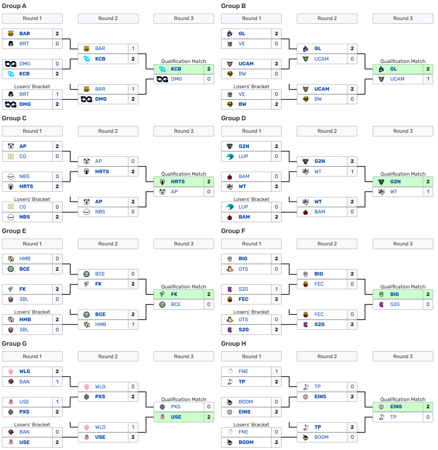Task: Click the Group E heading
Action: pyautogui.click(x=14, y=231)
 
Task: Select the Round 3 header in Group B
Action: pyautogui.click(x=403, y=18)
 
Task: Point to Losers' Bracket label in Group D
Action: pyautogui.click(x=251, y=199)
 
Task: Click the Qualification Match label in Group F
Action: pyautogui.click(x=403, y=287)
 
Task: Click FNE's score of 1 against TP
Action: pyautogui.click(x=276, y=371)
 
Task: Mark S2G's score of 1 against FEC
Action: pyautogui.click(x=276, y=289)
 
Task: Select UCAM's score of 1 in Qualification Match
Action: pyautogui.click(x=428, y=79)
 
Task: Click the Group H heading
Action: pyautogui.click(x=233, y=344)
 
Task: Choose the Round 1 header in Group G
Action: pyautogui.click(x=32, y=357)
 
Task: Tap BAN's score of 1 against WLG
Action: pyautogui.click(x=57, y=382)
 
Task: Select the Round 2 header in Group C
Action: pyautogui.click(x=108, y=131)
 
